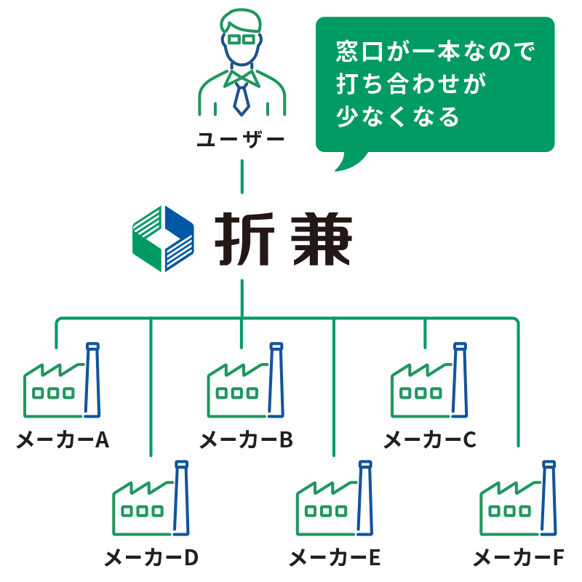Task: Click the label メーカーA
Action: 63,440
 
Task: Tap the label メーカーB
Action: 246,440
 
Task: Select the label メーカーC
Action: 430,440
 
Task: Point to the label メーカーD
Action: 151,558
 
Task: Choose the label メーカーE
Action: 335,558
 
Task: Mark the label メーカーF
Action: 519,558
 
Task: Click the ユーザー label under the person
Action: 241,138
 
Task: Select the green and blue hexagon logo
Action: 164,239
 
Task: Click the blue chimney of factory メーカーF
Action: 549,498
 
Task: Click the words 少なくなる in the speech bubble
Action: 398,116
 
